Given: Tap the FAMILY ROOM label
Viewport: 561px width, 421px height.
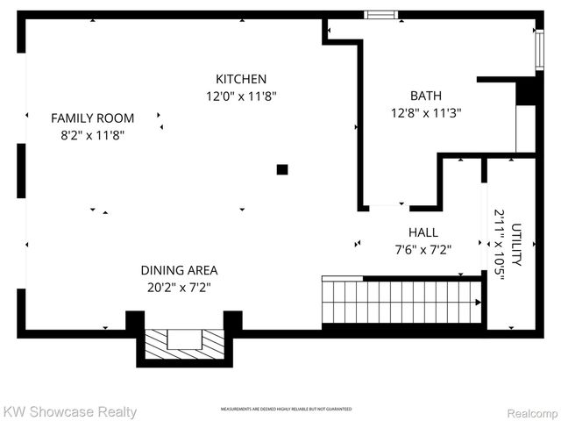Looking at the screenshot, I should tap(92, 118).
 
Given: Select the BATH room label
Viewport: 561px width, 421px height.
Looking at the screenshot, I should tap(426, 96).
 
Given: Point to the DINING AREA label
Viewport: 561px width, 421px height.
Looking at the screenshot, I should tap(179, 270).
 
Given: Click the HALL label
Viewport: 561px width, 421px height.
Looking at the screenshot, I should tap(423, 232).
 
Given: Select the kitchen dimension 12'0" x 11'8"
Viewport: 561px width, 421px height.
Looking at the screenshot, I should tap(242, 96).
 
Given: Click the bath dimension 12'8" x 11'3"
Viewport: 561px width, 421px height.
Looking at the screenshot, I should tap(426, 112).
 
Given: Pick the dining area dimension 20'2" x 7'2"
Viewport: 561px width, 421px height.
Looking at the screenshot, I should tap(179, 287).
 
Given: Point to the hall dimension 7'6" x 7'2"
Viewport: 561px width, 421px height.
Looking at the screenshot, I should tap(423, 249).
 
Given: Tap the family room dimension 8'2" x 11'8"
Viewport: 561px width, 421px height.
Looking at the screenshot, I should tap(92, 135).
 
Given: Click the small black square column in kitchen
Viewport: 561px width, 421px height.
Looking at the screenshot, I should tap(282, 169).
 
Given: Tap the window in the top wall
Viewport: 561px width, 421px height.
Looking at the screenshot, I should tap(380, 14).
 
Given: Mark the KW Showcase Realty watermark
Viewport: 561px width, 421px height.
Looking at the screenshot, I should tap(69, 411).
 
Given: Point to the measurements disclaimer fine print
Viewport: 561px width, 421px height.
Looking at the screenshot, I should tap(286, 410).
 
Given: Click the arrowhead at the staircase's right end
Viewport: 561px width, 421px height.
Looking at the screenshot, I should tap(478, 303).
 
